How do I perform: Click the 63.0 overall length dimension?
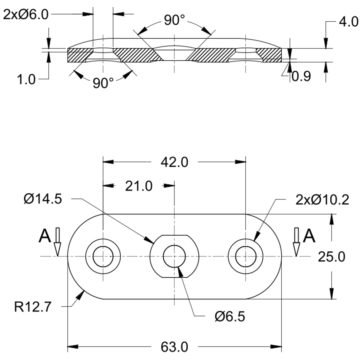(174, 347)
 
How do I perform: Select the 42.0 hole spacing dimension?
(174, 162)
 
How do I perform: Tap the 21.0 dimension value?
(139, 186)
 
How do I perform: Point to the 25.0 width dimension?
(331, 257)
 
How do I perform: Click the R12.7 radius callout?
(32, 307)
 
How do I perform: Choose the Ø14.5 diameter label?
(42, 199)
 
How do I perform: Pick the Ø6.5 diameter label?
(230, 316)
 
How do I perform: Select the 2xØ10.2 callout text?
(322, 200)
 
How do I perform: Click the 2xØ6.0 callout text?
(26, 15)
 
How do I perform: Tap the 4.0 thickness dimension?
(348, 22)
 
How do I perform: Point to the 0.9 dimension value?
(301, 76)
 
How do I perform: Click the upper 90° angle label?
(174, 20)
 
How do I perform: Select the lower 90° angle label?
(103, 83)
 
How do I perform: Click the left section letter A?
(45, 236)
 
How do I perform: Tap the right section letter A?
(309, 236)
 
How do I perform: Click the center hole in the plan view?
(174, 256)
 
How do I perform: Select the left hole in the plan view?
(103, 256)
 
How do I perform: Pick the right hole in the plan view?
(245, 256)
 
